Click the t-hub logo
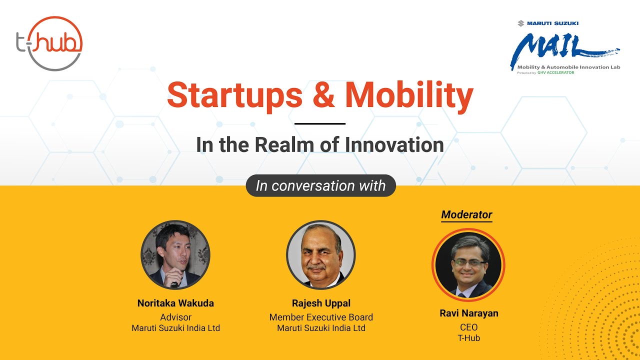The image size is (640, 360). pos(49,43)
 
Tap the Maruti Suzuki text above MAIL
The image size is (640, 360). pos(548,23)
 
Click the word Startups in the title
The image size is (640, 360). pos(234,95)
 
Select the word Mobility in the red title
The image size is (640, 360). pos(408,95)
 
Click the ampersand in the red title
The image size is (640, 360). pos(323,95)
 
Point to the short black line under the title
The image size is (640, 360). pos(320,123)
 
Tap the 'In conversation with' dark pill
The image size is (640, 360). pos(320,186)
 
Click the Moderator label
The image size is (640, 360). pos(466,214)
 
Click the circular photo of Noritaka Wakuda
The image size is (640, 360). pos(175,255)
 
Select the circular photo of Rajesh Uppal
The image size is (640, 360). pos(321,255)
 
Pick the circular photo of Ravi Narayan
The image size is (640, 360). pos(468,264)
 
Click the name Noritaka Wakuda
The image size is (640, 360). pos(175,303)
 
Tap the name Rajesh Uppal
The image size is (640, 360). pos(321,303)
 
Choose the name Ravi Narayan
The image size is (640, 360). pos(468,313)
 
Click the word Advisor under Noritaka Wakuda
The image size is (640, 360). pos(175,317)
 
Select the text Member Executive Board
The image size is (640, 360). pos(321,317)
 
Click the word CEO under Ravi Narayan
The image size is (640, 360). pos(468,327)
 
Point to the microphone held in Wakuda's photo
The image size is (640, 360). pos(174,282)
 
